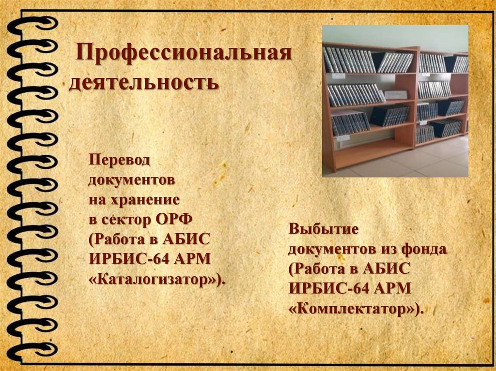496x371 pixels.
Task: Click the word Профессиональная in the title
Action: point(183,54)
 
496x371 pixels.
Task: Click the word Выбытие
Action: point(323,229)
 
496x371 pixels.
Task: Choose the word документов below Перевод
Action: point(132,179)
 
